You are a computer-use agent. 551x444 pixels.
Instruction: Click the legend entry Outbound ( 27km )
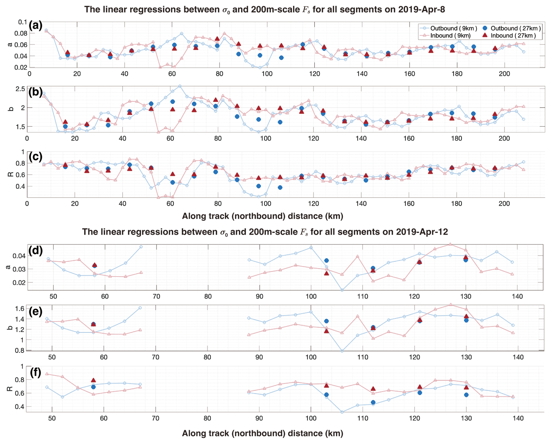point(515,28)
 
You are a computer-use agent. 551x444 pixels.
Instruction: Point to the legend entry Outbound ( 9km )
point(453,28)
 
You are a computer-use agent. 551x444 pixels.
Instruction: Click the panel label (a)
point(35,26)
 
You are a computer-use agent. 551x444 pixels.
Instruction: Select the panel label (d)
point(35,250)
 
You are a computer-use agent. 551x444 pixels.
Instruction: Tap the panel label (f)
point(35,372)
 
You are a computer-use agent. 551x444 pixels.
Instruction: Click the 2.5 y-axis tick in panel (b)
point(20,89)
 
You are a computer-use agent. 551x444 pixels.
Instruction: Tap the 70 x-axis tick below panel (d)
point(156,296)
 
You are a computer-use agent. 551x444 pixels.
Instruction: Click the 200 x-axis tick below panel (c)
point(504,203)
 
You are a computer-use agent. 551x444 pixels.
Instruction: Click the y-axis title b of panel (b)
point(10,109)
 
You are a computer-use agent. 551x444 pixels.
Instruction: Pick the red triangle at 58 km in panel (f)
point(93,380)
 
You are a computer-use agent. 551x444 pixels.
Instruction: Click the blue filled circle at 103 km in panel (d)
point(326,260)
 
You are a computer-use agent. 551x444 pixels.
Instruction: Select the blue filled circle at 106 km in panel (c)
point(280,187)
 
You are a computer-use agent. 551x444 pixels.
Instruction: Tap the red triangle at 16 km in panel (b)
point(65,122)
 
